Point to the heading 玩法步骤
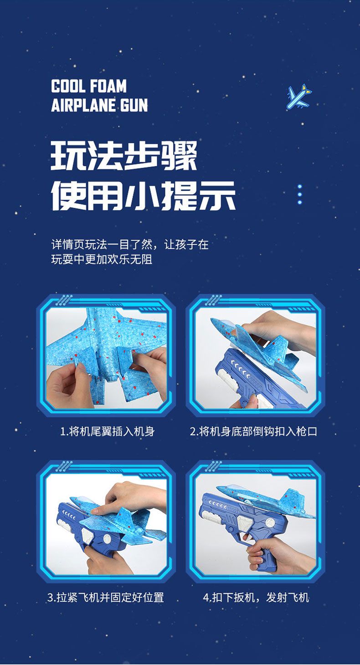123,155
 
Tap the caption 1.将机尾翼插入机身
107,431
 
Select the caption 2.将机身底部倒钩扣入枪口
253,431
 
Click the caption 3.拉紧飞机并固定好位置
106,597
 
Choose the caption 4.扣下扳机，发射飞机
256,597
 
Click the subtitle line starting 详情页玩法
130,245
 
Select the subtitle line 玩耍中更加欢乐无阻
102,259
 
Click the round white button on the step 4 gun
270,522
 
